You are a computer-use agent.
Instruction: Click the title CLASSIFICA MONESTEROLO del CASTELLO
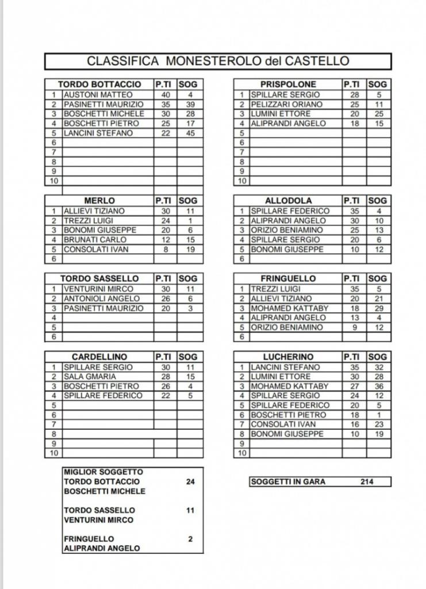click(x=218, y=61)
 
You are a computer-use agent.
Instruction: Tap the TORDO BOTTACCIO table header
click(x=99, y=84)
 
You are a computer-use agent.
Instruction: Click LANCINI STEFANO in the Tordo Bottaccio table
click(x=98, y=133)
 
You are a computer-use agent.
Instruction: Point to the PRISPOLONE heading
click(x=288, y=84)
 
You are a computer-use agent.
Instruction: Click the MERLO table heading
click(x=99, y=201)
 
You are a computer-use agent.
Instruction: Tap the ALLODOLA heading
click(x=288, y=201)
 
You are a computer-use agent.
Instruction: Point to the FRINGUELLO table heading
click(x=288, y=278)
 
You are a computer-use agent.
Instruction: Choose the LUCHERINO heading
click(x=288, y=357)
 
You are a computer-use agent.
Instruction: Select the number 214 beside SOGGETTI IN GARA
click(x=366, y=481)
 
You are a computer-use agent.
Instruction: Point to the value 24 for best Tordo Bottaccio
click(x=190, y=481)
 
